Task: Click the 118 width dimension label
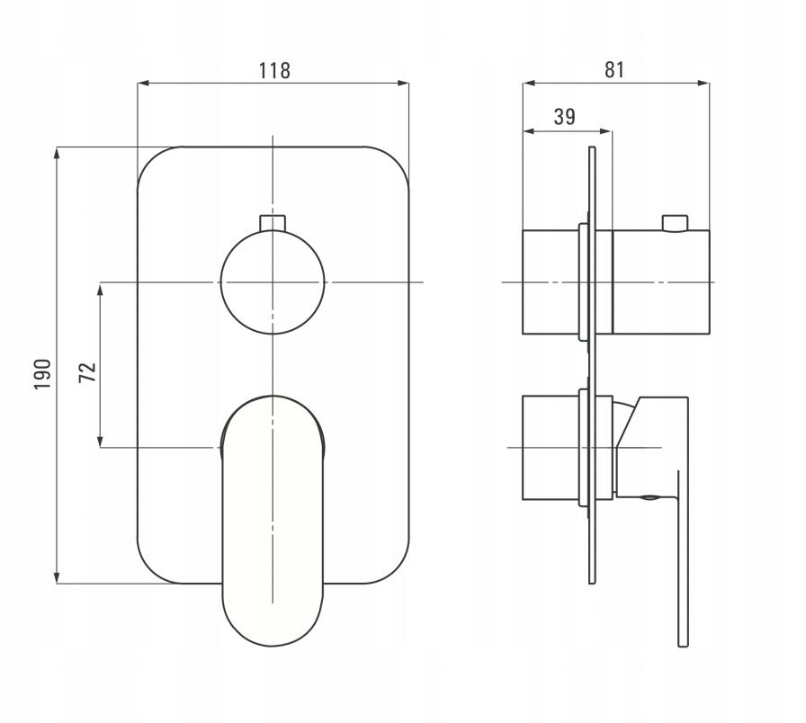click(x=274, y=70)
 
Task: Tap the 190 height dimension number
click(x=42, y=374)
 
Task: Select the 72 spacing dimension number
click(x=88, y=372)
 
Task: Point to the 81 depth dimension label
click(x=614, y=69)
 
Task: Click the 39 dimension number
click(x=564, y=117)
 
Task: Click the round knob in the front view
click(x=273, y=282)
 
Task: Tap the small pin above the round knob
click(x=273, y=223)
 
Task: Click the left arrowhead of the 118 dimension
click(x=143, y=83)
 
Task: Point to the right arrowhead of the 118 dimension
click(x=403, y=83)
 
